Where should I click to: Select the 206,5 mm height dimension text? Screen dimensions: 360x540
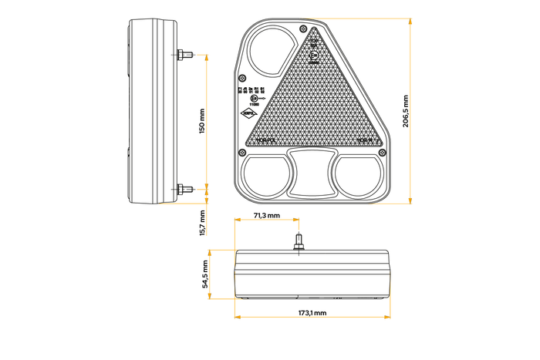(x=407, y=111)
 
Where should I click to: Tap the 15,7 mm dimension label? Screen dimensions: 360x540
(x=202, y=223)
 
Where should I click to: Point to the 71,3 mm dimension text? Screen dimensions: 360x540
(x=266, y=216)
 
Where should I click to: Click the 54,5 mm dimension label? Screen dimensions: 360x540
(x=205, y=274)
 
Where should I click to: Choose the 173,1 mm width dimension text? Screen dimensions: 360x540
(x=312, y=314)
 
